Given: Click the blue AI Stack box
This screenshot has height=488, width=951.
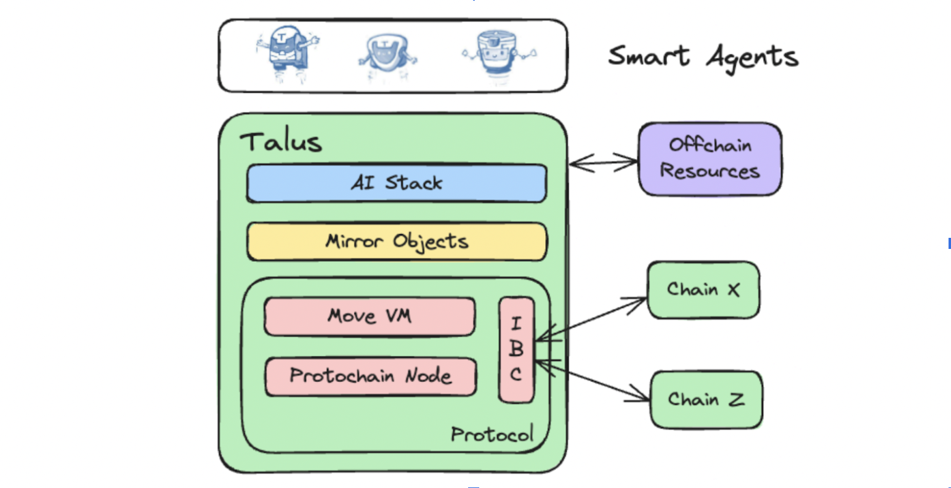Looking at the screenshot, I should (396, 184).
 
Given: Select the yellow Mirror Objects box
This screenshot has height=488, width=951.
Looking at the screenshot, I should (396, 242).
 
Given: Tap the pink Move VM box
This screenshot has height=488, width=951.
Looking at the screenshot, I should (370, 317).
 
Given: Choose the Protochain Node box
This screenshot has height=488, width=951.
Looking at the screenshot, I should (370, 376).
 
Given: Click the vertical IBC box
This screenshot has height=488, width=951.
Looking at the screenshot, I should (516, 349).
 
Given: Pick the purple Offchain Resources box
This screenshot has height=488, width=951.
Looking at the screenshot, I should (710, 159).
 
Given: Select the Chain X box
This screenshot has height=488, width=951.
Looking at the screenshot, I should (703, 290).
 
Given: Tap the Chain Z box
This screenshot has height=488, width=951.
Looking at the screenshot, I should (706, 399).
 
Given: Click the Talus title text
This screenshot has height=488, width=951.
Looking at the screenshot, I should (281, 142).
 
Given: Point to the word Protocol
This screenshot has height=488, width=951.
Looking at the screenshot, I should (492, 434).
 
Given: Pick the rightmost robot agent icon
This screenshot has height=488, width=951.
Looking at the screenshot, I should (498, 53).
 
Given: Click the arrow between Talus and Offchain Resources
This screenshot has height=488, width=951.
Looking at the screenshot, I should (603, 163).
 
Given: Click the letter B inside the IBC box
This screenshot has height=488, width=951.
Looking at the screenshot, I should (516, 349).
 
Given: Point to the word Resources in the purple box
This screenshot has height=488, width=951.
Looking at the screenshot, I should (710, 171).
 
